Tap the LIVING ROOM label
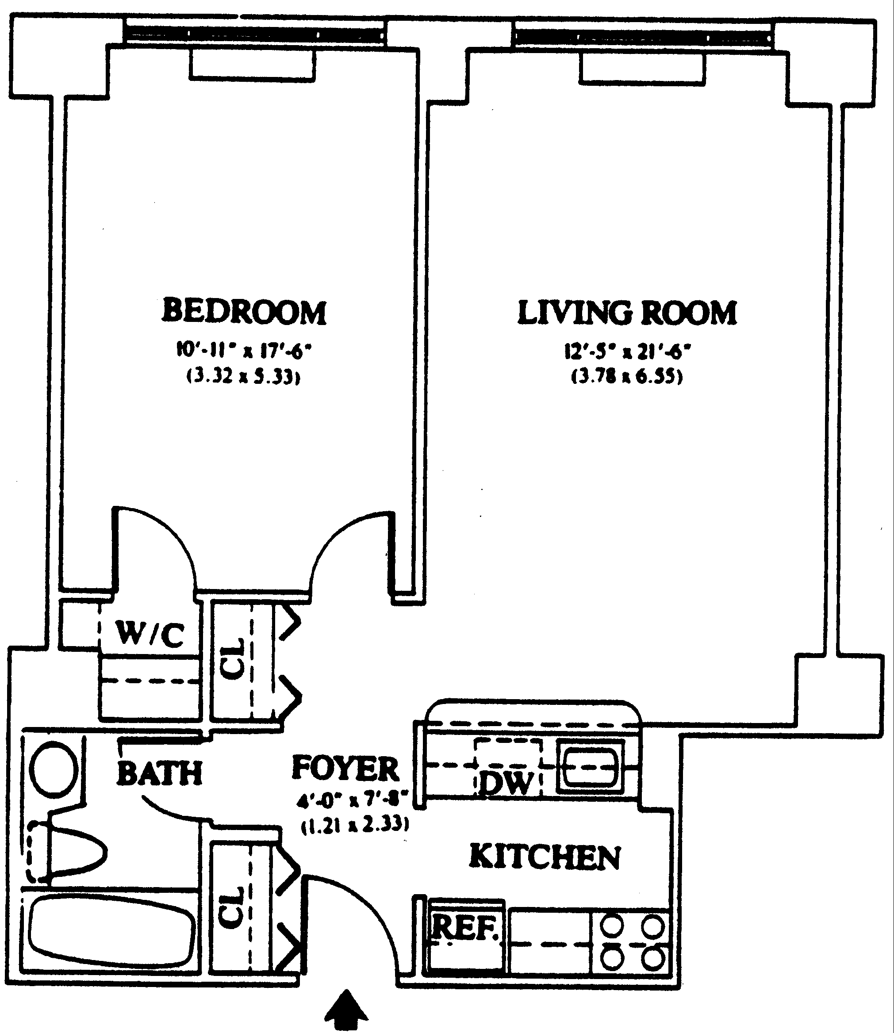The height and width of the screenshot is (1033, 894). click(x=627, y=313)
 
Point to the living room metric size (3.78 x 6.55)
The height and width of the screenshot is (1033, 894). click(x=627, y=375)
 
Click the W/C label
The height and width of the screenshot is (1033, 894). click(x=150, y=634)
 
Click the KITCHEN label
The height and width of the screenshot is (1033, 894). click(x=545, y=857)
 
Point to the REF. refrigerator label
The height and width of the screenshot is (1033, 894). click(x=465, y=927)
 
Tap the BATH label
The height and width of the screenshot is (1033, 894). click(x=160, y=773)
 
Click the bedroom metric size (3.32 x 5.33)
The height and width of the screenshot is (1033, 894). click(x=244, y=375)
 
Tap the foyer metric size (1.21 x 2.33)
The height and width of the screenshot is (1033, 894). click(x=355, y=826)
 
